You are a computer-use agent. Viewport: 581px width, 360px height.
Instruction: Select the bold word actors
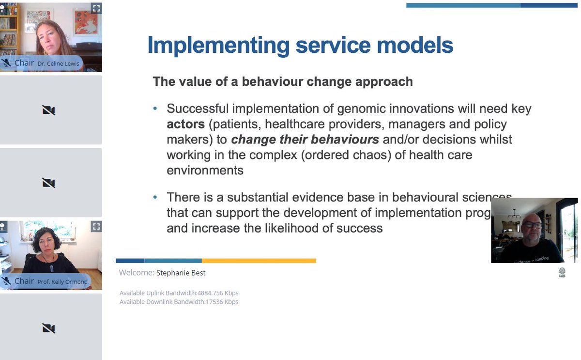(x=185, y=124)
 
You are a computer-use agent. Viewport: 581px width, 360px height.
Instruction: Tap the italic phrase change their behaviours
(x=305, y=140)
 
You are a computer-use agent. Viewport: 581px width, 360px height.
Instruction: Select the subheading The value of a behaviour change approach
(x=283, y=81)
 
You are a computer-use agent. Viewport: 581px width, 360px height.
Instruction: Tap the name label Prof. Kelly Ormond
(x=63, y=282)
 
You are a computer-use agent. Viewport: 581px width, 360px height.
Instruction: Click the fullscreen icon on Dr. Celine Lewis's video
(x=96, y=8)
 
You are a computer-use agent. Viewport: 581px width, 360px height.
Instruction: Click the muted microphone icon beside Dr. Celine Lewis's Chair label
(x=6, y=63)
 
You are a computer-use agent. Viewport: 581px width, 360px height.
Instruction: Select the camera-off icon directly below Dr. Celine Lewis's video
(x=48, y=110)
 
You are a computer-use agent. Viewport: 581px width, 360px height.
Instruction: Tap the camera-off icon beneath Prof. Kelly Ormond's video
(x=48, y=328)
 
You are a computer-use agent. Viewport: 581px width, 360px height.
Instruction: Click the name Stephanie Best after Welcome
(x=181, y=273)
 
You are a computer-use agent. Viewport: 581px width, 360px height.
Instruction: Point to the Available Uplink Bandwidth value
(x=218, y=293)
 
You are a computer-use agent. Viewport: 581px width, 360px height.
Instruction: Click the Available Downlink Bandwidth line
(x=179, y=302)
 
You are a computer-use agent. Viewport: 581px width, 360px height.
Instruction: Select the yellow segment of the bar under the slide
(x=259, y=261)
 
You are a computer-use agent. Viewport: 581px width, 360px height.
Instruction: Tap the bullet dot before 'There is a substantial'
(x=155, y=197)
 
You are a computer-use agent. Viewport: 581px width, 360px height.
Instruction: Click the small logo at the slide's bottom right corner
(x=562, y=272)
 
